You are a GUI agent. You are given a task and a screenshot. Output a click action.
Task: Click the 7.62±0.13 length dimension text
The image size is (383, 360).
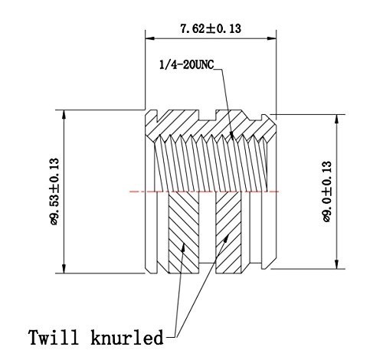(x=210, y=28)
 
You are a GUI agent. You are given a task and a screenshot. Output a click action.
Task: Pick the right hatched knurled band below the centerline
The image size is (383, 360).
(x=229, y=230)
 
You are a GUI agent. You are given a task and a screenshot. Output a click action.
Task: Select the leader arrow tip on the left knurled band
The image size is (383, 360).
(x=183, y=245)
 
